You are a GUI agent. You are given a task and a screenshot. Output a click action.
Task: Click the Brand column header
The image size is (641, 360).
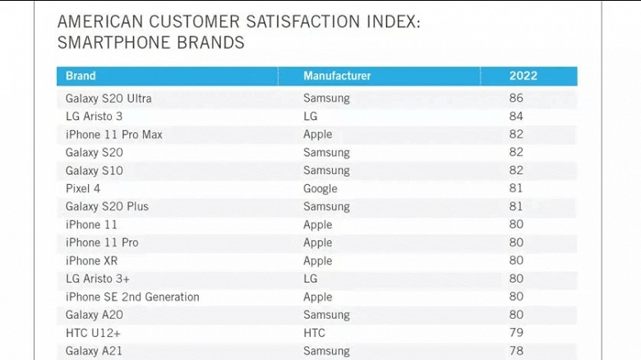coord(81,76)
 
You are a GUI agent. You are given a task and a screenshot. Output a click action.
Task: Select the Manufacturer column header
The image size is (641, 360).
coord(337,76)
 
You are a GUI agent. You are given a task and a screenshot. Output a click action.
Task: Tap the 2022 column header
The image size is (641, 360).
coord(523,76)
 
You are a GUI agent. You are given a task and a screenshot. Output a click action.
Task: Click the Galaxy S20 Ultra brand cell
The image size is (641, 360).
coord(108,99)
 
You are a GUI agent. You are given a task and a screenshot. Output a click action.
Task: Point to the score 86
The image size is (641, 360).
coord(516,99)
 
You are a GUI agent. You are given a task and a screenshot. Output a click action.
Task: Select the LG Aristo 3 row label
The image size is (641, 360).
coord(94,117)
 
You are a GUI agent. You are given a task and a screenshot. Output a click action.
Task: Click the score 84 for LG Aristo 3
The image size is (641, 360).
coord(516,117)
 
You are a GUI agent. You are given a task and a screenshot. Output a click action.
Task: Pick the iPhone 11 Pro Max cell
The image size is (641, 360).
coord(114,135)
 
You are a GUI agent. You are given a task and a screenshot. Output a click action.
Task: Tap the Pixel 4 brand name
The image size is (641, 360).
coord(84,189)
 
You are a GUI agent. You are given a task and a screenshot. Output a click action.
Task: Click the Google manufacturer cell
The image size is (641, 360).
coord(320,189)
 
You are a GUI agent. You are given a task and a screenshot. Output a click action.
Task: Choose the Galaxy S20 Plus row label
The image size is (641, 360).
coord(107,207)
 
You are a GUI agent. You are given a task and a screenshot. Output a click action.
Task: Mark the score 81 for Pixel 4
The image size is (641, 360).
coord(516,189)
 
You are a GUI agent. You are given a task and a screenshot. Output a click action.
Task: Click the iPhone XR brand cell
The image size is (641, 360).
coord(91,261)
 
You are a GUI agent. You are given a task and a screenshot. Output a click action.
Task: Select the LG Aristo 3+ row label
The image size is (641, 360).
coord(98,279)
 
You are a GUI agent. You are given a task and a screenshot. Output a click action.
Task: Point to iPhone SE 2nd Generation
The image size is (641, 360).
coord(132,298)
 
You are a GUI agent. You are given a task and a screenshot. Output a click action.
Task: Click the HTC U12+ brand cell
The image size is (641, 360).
coord(94,334)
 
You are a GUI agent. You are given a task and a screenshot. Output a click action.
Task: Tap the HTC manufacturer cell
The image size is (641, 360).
coord(314,334)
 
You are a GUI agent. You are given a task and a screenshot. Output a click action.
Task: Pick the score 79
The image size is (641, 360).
coord(516,334)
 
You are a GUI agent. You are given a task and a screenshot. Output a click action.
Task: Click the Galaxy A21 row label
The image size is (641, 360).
coord(93,352)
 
